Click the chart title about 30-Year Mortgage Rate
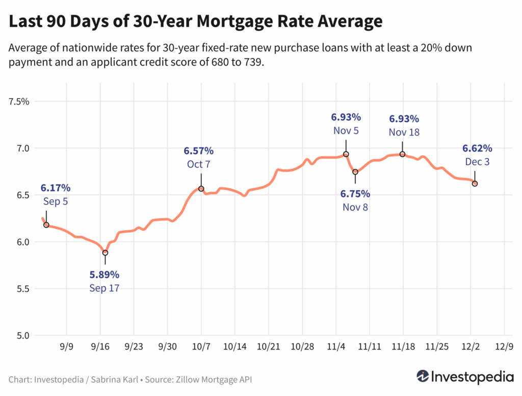(195, 21)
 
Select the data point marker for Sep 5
(46, 225)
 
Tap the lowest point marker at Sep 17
(105, 253)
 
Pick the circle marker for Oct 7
(201, 189)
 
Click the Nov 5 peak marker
(346, 154)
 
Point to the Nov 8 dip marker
(355, 172)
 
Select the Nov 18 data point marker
(402, 154)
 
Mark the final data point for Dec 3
(475, 184)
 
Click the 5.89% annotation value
(105, 275)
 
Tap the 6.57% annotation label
(198, 151)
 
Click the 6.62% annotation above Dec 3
(477, 148)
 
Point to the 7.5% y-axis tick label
(19, 102)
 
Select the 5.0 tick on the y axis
(23, 336)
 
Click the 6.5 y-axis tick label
(23, 195)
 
